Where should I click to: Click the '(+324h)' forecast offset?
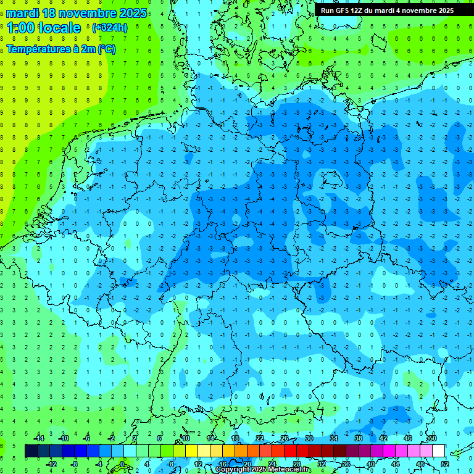point(109,28)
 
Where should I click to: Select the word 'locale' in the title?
point(59,28)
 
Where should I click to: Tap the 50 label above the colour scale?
point(432,438)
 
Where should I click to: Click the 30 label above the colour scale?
point(309,438)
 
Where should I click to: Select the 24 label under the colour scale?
point(272,464)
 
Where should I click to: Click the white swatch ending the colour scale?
point(438,451)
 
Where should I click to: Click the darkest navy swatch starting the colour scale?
point(31,451)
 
